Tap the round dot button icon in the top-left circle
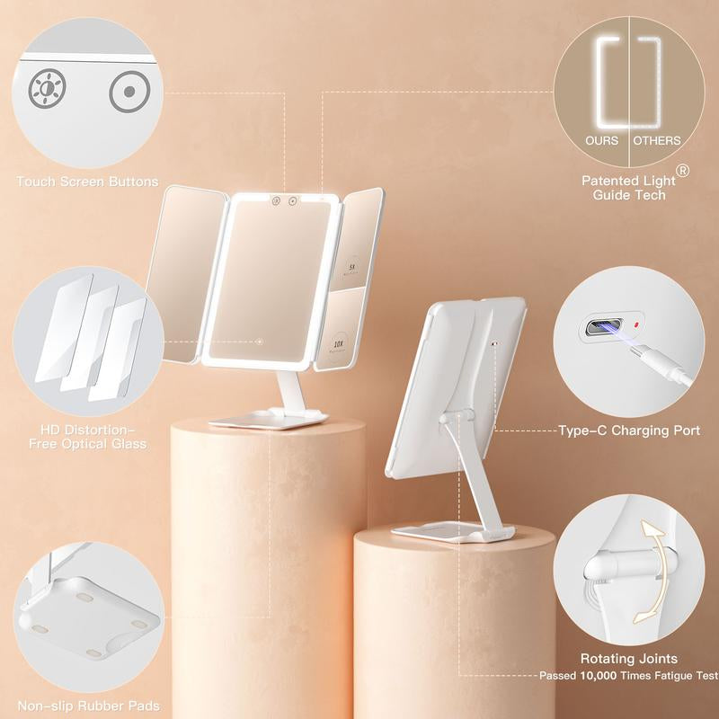click(x=127, y=92)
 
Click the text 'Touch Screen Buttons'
click(x=87, y=182)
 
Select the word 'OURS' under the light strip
click(x=601, y=140)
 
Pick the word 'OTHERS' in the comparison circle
click(x=656, y=140)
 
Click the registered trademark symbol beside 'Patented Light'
click(x=683, y=170)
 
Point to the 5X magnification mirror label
click(x=351, y=266)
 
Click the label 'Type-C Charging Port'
click(x=629, y=431)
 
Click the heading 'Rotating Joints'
click(x=629, y=660)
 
